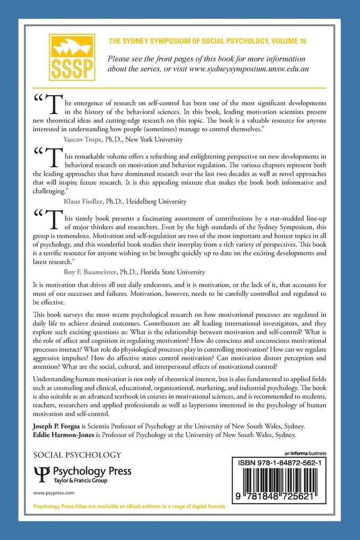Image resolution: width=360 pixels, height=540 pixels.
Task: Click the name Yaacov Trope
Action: [x=82, y=140]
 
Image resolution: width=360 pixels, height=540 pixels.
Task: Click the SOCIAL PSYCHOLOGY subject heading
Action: [x=77, y=454]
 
